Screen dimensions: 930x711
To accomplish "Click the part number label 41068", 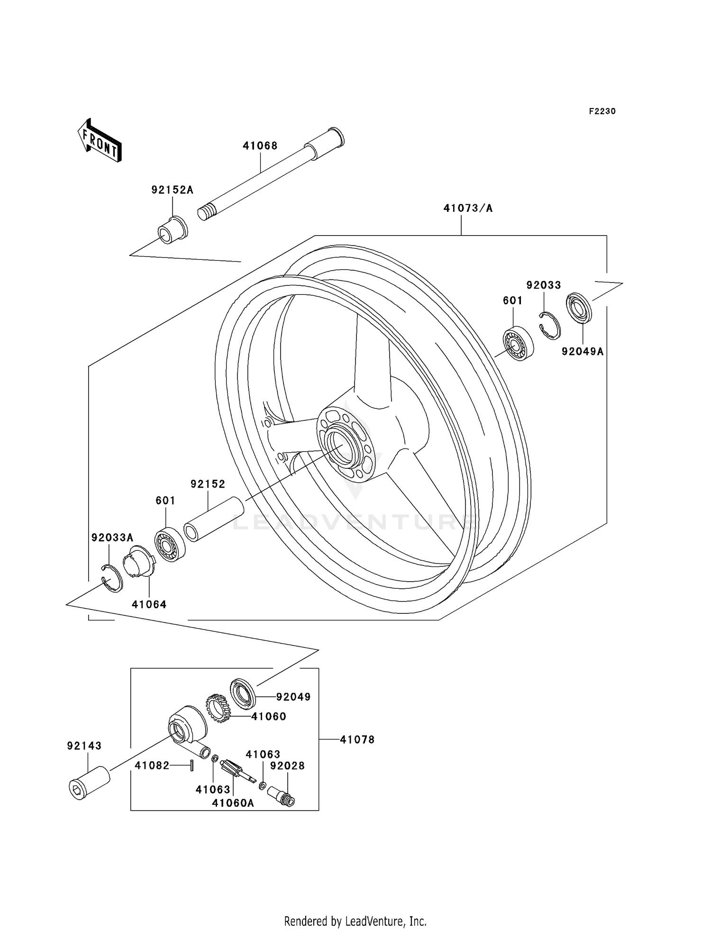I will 260,146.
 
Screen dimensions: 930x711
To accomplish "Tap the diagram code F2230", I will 602,111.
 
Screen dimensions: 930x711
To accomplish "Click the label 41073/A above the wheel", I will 467,208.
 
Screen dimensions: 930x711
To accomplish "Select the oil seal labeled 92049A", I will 580,308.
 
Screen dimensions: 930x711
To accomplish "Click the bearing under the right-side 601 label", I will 518,343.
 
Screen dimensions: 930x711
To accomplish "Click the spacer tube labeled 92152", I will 214,519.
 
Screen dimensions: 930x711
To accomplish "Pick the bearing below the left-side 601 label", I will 170,545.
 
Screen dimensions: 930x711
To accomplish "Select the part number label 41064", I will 149,605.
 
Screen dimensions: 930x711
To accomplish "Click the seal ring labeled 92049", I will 243,694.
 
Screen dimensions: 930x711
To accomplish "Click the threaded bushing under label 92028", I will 282,795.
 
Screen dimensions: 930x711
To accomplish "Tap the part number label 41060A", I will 233,803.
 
